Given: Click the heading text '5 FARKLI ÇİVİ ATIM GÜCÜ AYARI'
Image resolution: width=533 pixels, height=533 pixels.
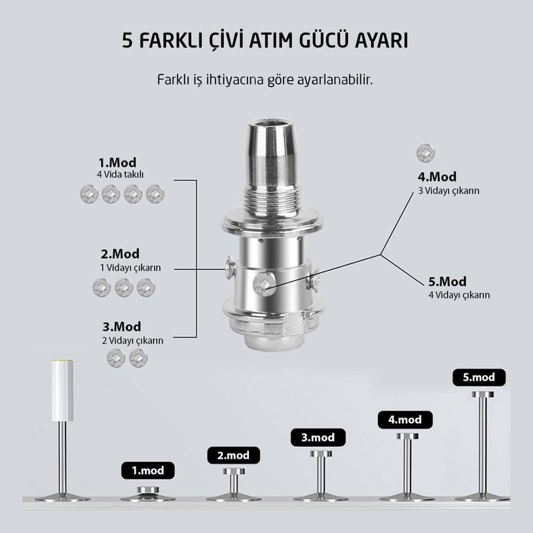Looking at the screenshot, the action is coord(265,41).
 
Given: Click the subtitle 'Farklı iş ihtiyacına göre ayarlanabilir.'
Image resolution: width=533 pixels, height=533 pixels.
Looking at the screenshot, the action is coord(265,80).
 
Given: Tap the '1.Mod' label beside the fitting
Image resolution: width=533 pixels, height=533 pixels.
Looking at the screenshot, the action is coord(117,162).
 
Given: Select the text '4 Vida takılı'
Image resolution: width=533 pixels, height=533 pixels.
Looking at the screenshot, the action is coord(120,174).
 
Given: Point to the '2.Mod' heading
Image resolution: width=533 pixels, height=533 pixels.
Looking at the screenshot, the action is coord(120,254).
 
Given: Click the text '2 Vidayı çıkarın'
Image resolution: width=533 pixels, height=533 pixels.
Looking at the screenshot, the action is coord(133,340).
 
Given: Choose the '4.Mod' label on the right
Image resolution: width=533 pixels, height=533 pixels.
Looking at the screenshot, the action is coord(437,177).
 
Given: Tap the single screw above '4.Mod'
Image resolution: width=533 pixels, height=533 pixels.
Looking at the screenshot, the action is coord(425,153).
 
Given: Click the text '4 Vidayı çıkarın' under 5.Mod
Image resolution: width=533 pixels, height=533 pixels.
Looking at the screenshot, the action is coord(459,295).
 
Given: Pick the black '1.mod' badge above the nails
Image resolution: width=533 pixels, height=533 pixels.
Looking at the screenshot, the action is coord(148,470).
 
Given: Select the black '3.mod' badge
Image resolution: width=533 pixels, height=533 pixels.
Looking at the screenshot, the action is coord(318,437).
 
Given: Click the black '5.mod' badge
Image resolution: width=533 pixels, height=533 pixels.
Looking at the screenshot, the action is coord(479,377).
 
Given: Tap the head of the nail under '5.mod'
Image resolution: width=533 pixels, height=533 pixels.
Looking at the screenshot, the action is coord(483,394).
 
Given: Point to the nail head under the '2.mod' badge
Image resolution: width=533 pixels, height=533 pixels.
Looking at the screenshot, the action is coord(234,472).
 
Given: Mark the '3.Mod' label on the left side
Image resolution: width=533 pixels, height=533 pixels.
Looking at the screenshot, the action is coord(122,327).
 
